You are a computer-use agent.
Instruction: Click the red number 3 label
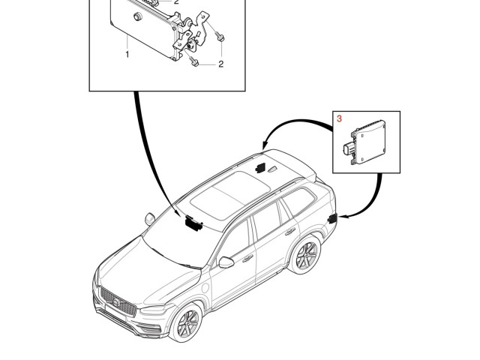point(338,118)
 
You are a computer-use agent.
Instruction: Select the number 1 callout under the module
point(127,54)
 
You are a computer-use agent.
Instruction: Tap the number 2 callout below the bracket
point(220,64)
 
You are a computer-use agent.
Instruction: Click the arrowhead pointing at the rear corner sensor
point(342,216)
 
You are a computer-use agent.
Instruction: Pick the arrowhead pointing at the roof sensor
point(264,145)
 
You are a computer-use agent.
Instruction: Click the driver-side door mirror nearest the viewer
point(226,262)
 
